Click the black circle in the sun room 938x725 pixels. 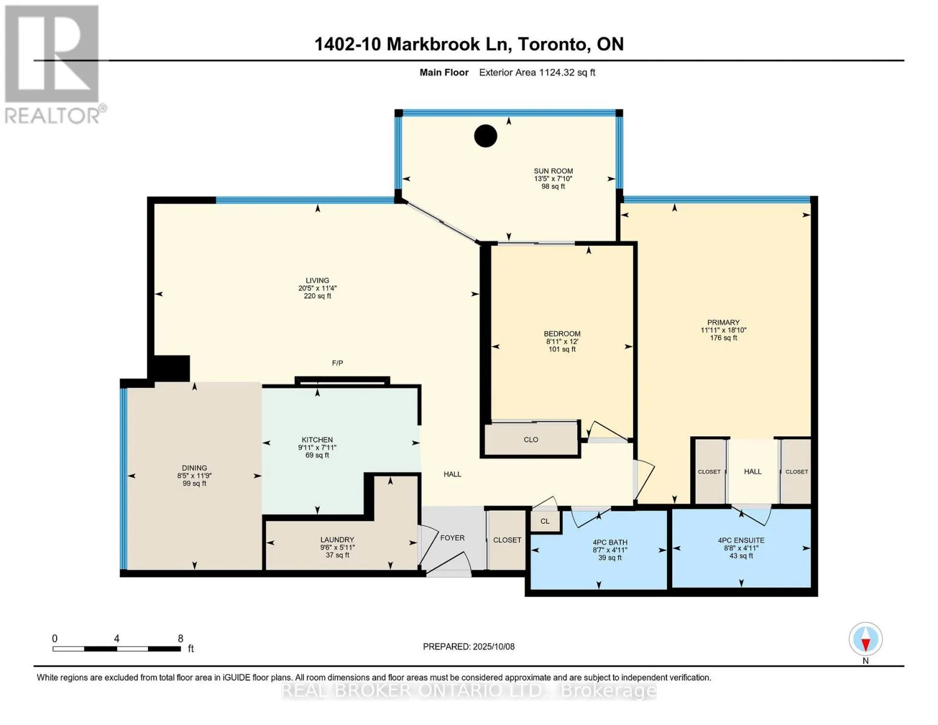pos(486,135)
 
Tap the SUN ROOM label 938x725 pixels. pos(553,171)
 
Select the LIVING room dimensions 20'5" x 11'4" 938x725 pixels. pos(317,288)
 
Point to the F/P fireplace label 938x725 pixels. pos(338,363)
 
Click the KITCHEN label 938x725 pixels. pos(317,440)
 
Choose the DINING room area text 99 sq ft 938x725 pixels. pos(194,483)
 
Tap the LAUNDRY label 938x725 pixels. pos(337,540)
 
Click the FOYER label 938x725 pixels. pos(452,538)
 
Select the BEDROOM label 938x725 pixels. pos(562,333)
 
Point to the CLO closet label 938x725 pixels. pos(531,440)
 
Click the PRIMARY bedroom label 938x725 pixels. pos(724,322)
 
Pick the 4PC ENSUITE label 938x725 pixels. pos(741,540)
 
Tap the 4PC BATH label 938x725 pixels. pos(610,543)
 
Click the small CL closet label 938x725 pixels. pos(545,521)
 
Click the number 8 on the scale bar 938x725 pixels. pos(181,638)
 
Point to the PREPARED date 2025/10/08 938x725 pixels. pos(493,646)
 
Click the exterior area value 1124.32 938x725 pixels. pos(557,72)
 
